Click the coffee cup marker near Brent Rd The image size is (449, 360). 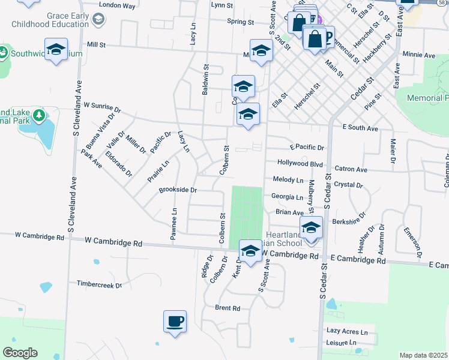tap(175, 322)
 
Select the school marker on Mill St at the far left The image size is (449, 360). tap(56, 50)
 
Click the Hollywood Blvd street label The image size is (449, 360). tap(300, 163)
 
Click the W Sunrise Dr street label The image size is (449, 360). tap(102, 107)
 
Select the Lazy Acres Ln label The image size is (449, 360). tap(347, 331)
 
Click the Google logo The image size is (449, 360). tap(20, 353)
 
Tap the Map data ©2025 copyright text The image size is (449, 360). tap(423, 355)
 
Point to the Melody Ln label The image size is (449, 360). tap(288, 179)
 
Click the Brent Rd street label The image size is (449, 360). tap(228, 308)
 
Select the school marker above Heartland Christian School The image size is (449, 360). tap(311, 227)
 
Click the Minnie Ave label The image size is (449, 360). tap(418, 55)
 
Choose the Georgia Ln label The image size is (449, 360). tap(287, 196)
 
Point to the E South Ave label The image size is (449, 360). tap(360, 128)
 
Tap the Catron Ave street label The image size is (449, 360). tap(351, 170)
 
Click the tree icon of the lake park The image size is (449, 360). tap(39, 115)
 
